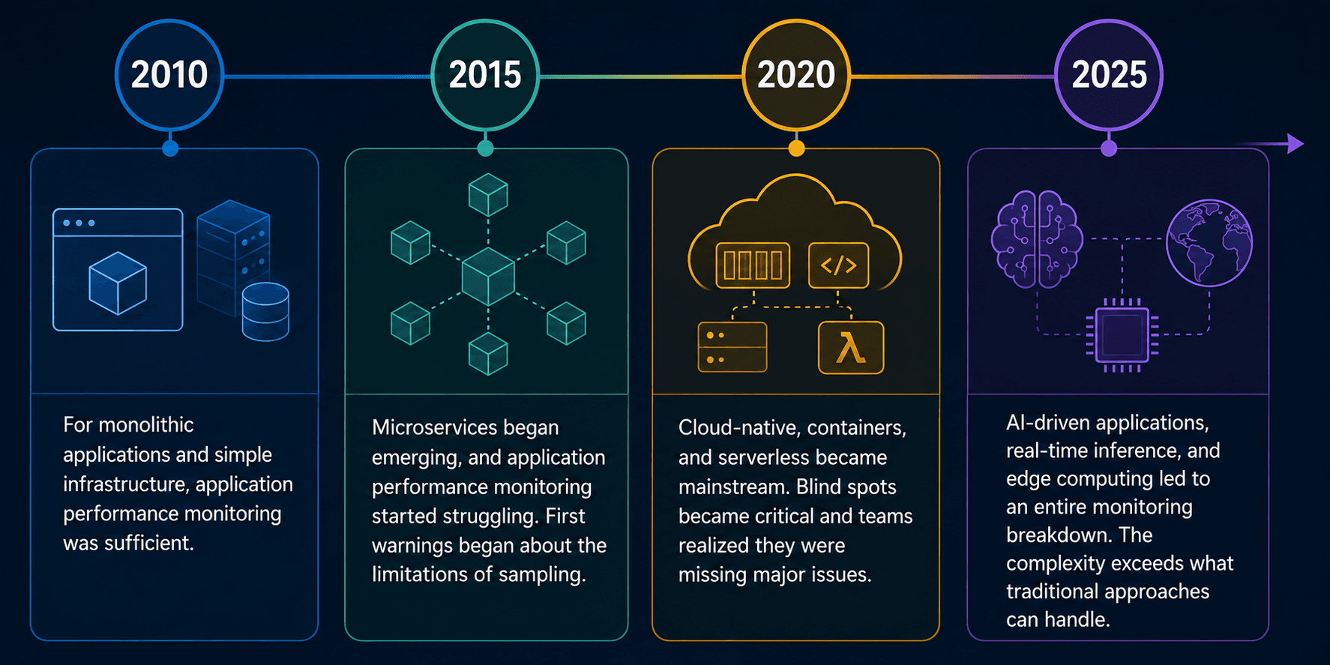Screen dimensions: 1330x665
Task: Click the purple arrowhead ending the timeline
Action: (x=1296, y=143)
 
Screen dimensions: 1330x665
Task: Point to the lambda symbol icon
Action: (x=851, y=347)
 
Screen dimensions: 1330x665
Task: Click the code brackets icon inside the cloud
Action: (x=838, y=265)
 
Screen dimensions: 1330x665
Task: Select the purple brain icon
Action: (x=1037, y=239)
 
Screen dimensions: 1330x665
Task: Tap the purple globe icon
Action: (x=1209, y=243)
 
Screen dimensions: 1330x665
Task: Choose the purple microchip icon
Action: (x=1122, y=335)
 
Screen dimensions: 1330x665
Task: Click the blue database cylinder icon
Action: (x=265, y=312)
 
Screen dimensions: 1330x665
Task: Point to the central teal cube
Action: (x=488, y=277)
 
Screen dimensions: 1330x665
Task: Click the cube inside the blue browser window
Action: (x=118, y=283)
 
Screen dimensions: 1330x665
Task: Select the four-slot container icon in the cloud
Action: (x=753, y=265)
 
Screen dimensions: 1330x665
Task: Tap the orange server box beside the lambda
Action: (x=732, y=347)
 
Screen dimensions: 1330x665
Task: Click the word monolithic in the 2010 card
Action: (x=146, y=425)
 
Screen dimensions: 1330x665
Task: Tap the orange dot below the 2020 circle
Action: (x=796, y=148)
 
